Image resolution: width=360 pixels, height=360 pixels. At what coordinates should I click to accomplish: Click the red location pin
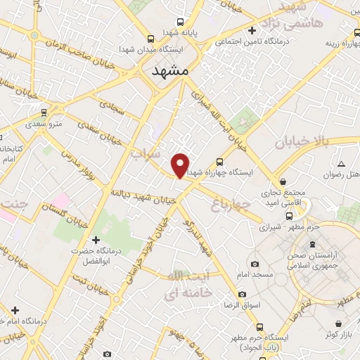[181, 165]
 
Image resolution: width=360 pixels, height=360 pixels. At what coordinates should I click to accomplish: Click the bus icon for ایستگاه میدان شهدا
[150, 39]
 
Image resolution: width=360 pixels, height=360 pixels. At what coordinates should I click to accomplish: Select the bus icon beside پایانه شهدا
[181, 21]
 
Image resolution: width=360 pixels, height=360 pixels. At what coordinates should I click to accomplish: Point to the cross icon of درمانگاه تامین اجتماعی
[252, 30]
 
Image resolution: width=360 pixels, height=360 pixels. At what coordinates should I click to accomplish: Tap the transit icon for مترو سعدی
[44, 112]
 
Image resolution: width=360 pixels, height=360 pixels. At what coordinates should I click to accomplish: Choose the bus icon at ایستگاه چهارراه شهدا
[219, 160]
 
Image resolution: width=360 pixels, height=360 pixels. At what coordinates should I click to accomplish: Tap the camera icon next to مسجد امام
[254, 264]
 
